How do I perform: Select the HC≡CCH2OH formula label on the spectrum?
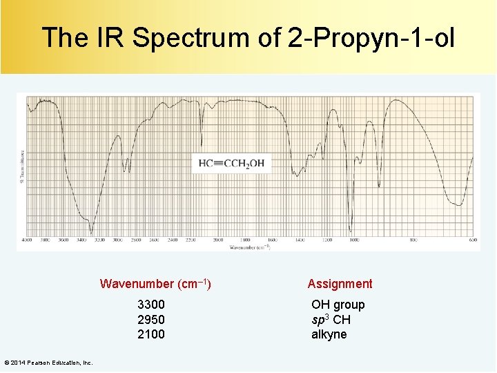[231, 164]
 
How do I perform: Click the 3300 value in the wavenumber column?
[151, 305]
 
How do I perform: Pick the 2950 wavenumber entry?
[151, 320]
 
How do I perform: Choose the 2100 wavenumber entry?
[151, 334]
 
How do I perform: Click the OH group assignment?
[338, 305]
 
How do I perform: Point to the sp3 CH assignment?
[331, 320]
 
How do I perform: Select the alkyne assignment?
[329, 334]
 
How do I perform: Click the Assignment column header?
[340, 283]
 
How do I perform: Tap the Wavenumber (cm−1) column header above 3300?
[155, 283]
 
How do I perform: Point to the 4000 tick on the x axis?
[28, 240]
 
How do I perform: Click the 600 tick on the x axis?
[473, 240]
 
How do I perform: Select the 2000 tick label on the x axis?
[218, 240]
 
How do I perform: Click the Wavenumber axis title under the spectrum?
[249, 246]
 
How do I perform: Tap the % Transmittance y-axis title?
[22, 166]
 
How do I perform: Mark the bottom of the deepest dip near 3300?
[91, 231]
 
